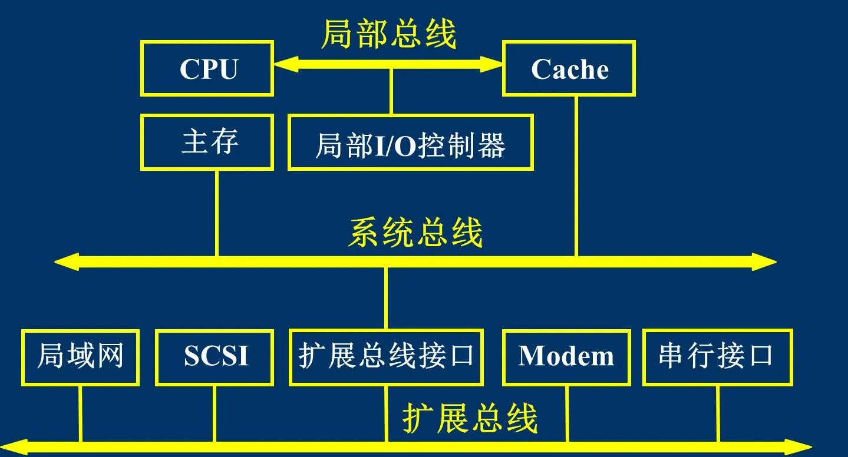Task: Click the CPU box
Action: click(207, 68)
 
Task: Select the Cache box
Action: click(569, 68)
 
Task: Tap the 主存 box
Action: click(207, 143)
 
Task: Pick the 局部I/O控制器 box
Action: click(410, 143)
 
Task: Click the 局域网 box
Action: click(80, 357)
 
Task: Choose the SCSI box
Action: click(215, 357)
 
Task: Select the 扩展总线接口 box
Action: click(386, 357)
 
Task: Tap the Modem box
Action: click(566, 357)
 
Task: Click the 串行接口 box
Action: click(717, 357)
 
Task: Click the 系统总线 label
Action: click(415, 233)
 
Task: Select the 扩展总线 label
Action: click(470, 419)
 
